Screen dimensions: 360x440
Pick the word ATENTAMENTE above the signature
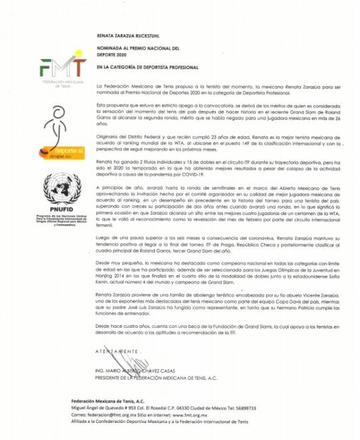[116, 352]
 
